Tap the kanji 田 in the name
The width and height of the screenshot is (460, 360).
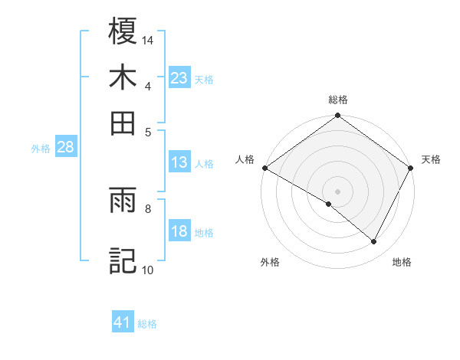coord(123,123)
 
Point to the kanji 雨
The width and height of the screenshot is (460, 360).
coord(123,201)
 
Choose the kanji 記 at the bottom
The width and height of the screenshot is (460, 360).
coord(123,259)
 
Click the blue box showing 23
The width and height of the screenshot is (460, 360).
coord(179,78)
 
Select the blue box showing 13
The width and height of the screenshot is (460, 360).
coord(179,162)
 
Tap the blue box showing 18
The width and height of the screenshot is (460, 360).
coord(179,232)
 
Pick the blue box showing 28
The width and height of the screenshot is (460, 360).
coord(65,148)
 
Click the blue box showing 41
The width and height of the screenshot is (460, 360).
coord(123,323)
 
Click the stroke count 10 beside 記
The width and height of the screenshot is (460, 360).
coord(148,270)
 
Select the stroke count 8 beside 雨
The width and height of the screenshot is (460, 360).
coord(148,207)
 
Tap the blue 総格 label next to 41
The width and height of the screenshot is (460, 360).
coord(147,325)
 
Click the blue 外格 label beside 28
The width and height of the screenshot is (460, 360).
coord(41,149)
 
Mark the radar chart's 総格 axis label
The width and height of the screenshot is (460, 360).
coord(338,100)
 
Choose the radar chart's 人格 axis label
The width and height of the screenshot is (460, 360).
coord(245,159)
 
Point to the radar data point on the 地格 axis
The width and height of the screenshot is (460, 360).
coord(374,242)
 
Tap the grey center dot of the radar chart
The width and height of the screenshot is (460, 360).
coord(338,191)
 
